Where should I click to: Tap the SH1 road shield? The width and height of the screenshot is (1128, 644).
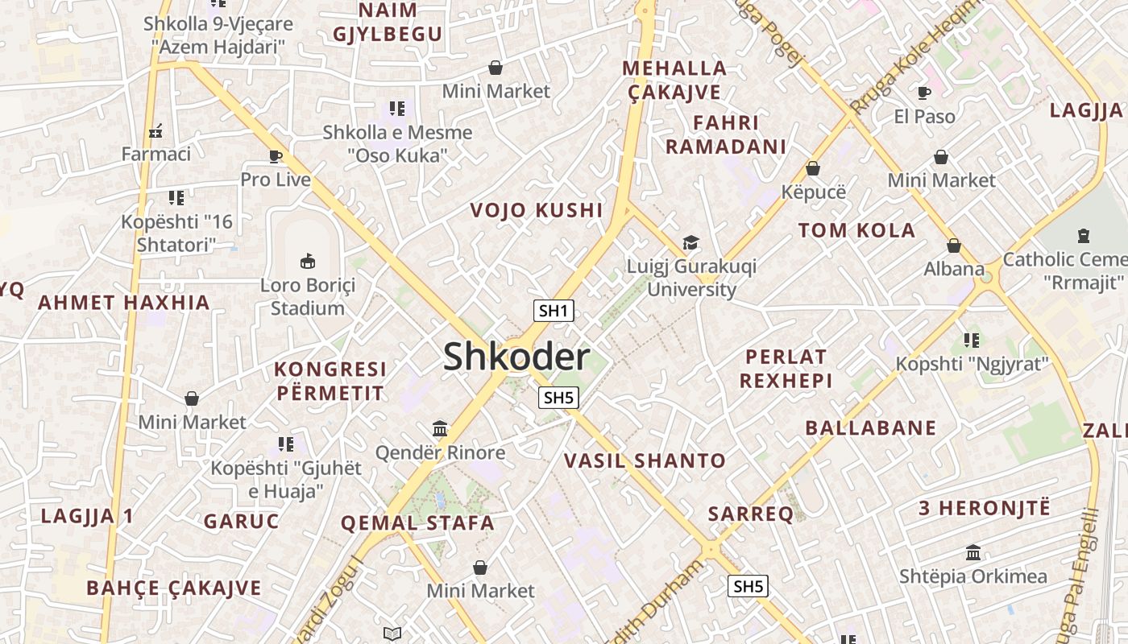tap(554, 311)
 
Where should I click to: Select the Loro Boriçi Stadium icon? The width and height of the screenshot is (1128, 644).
tap(308, 261)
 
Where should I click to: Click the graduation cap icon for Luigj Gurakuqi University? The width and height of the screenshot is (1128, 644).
tap(690, 242)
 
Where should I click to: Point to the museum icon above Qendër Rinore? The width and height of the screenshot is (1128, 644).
tap(440, 428)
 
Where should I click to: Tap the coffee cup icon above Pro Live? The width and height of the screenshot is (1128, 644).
tap(276, 156)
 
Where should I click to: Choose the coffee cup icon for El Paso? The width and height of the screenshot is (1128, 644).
tap(924, 93)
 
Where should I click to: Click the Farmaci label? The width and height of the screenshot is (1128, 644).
tap(156, 153)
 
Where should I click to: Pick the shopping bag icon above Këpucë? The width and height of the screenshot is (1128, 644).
tap(813, 168)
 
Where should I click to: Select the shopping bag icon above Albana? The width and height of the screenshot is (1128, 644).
tap(954, 246)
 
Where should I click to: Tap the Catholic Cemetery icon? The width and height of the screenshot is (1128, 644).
tap(1084, 236)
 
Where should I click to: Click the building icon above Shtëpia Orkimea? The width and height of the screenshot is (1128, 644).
tap(973, 553)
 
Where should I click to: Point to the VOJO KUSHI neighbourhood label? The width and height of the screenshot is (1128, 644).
tap(537, 211)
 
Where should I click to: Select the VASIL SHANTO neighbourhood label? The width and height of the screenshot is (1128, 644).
tap(645, 461)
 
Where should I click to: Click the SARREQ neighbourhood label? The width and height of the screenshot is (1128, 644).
tap(750, 514)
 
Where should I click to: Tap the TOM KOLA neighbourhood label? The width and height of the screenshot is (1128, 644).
tap(856, 231)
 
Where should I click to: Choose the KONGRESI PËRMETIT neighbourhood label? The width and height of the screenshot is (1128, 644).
tap(330, 382)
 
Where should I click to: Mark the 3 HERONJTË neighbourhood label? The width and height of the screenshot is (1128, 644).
tap(985, 508)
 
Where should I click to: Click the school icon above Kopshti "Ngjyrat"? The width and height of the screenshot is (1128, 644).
tap(972, 341)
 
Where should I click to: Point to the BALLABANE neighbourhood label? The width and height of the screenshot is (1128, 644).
tap(871, 427)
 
